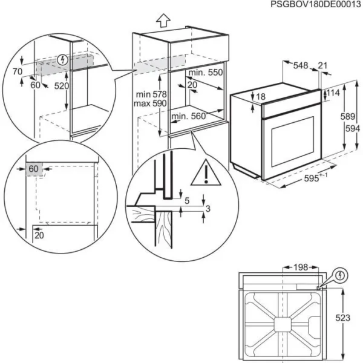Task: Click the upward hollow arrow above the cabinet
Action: (x=162, y=20)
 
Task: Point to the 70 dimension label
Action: (x=16, y=71)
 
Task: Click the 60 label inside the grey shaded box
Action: (x=33, y=168)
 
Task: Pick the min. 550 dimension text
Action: (x=205, y=72)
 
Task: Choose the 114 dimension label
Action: (x=334, y=93)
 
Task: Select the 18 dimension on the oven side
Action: (x=261, y=97)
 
